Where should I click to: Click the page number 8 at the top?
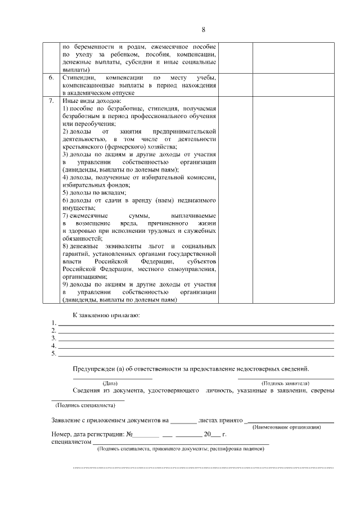204,29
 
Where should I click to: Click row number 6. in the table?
51,76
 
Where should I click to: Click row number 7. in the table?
51,101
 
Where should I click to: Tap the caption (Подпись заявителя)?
285,382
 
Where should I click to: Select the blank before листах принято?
183,421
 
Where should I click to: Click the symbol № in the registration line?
129,434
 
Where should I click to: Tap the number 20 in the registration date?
208,434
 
